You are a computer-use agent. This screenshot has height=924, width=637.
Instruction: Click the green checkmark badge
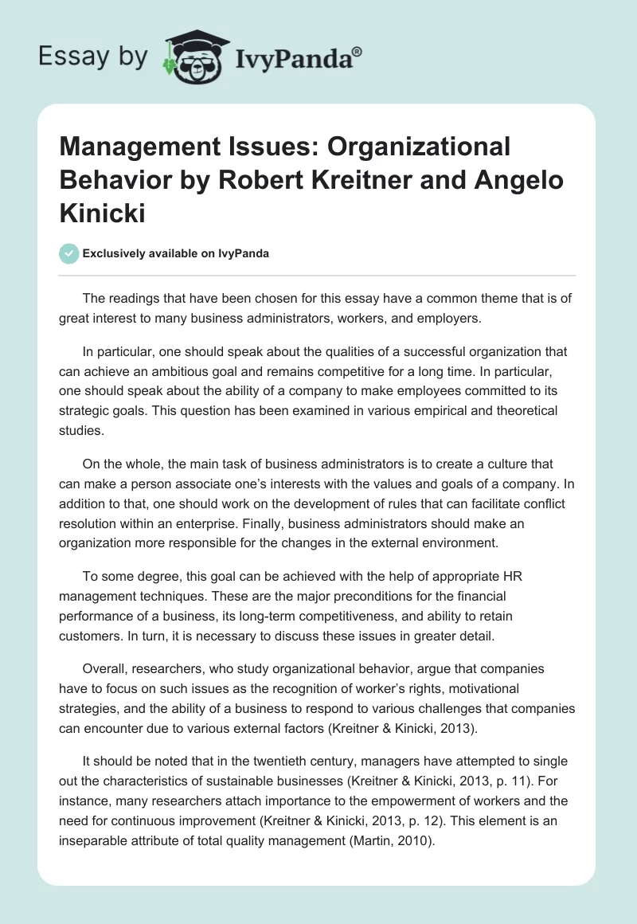coord(68,253)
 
